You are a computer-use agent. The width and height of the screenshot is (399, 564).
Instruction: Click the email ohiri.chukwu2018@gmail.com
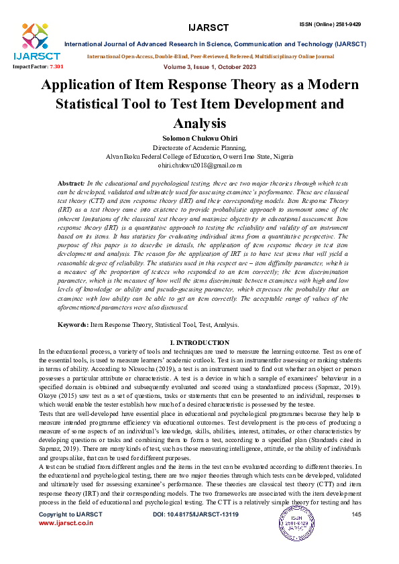coord(199,165)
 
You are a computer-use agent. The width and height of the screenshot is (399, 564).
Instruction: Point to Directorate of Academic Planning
coord(199,147)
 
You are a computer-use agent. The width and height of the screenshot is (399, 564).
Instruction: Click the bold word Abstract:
coord(71,183)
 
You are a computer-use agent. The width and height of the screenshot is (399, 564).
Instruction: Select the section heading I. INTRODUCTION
coord(199,342)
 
